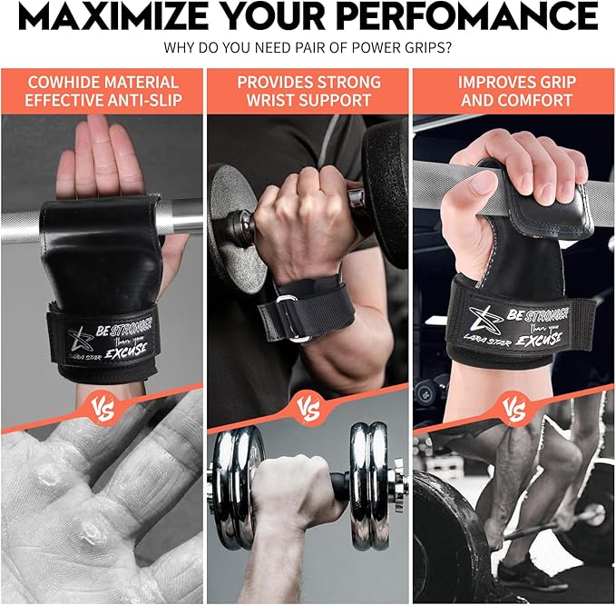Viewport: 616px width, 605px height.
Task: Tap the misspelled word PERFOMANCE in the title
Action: (x=482, y=16)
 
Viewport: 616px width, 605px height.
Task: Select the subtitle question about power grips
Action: (x=308, y=47)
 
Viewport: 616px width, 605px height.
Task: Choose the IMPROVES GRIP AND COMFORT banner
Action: (x=513, y=91)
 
